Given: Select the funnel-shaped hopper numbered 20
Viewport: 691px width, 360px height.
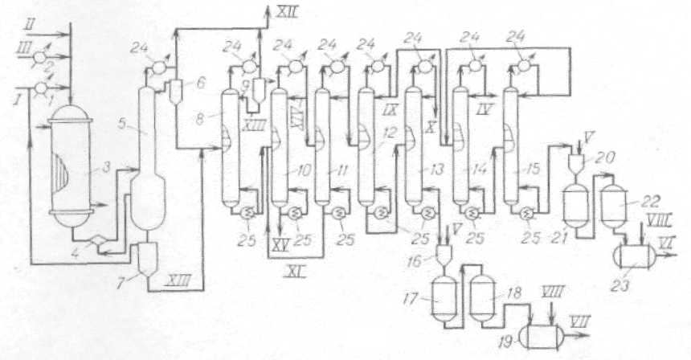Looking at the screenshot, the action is click(x=576, y=164).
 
